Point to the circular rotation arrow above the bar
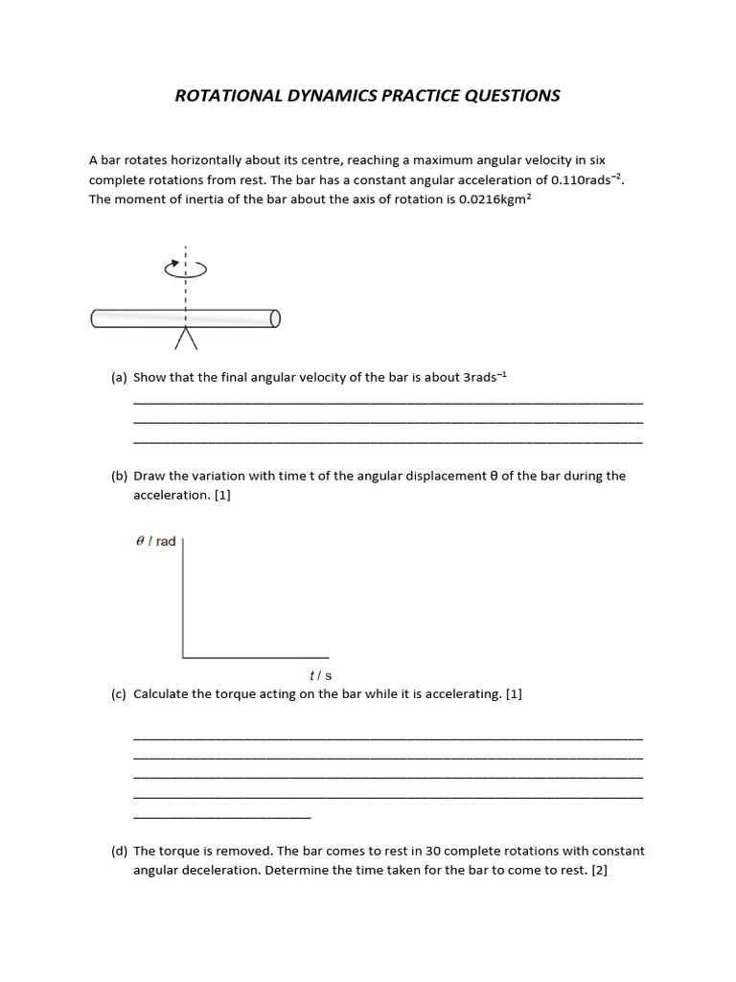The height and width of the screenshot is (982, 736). [x=186, y=269]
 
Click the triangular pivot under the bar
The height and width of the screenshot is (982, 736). [x=185, y=338]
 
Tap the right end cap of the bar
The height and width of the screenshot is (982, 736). [x=275, y=318]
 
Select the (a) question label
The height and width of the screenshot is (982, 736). [x=120, y=378]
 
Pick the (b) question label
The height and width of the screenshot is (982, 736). [x=120, y=476]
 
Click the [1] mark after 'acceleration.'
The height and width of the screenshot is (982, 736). [x=223, y=495]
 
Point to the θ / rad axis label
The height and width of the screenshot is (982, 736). [x=156, y=542]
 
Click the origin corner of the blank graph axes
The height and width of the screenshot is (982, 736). [x=183, y=657]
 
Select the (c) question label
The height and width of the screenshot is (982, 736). [x=120, y=694]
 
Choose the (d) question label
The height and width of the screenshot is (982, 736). [x=120, y=851]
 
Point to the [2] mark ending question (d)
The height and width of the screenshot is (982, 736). [x=600, y=870]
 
